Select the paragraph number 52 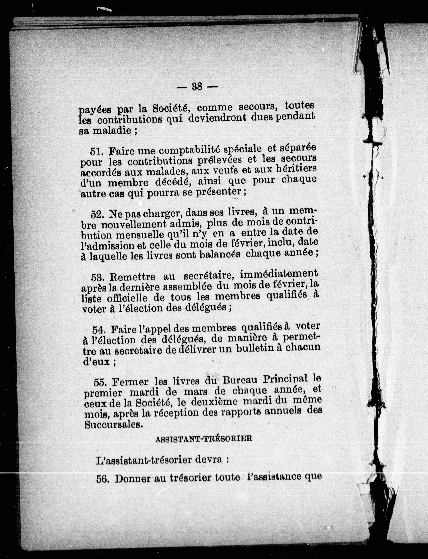point(97,214)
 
